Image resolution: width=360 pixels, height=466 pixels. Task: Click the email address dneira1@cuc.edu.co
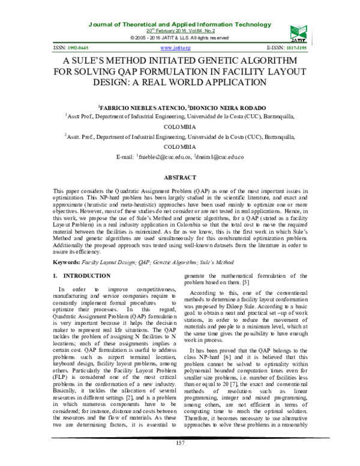pos(220,157)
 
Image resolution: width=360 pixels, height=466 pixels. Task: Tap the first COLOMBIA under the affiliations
pos(180,127)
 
